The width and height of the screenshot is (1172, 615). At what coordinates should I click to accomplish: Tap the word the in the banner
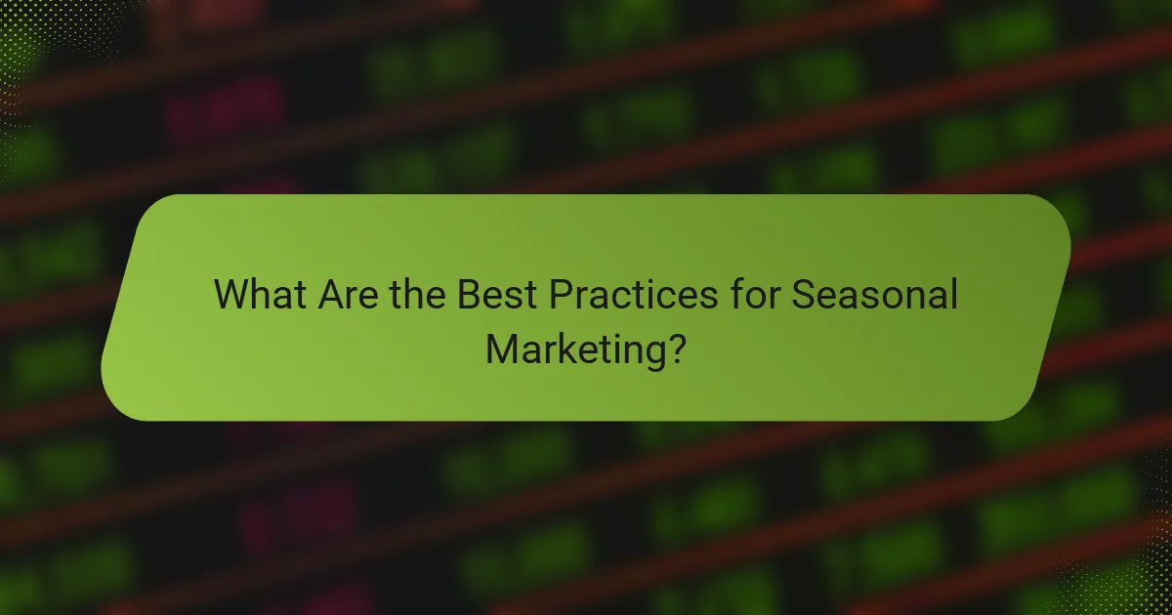[x=415, y=295]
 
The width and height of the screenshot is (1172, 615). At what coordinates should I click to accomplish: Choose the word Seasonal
[x=873, y=295]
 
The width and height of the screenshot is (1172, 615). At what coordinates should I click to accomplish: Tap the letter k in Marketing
[x=568, y=348]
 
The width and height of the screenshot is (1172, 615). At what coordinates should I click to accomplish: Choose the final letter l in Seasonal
[x=952, y=294]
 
